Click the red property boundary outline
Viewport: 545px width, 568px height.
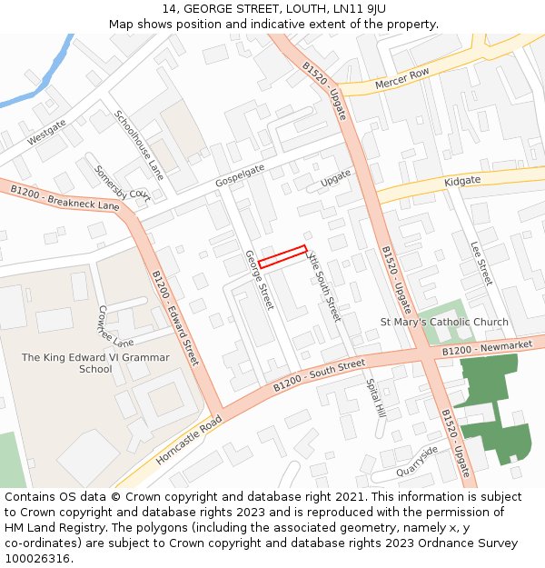(282, 256)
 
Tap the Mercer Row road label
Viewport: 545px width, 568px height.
(401, 80)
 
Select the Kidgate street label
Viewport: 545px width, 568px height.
(462, 182)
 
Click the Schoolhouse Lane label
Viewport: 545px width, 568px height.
(139, 145)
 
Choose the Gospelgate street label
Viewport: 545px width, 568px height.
(240, 175)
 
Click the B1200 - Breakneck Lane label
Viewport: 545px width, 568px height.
(64, 197)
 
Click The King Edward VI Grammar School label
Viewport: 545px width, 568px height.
(95, 364)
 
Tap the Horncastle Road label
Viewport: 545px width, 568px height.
(188, 440)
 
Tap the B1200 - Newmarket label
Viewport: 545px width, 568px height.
(488, 348)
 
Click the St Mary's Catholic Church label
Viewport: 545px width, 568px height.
(444, 323)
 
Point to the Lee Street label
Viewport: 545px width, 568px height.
(481, 264)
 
